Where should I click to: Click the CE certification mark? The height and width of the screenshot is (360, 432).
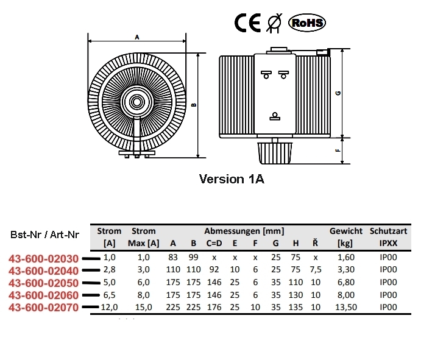click(x=247, y=23)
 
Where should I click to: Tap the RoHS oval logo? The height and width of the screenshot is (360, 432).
click(x=306, y=23)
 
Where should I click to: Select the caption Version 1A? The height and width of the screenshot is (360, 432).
click(x=232, y=180)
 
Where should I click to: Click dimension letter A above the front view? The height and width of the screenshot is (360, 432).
click(x=137, y=37)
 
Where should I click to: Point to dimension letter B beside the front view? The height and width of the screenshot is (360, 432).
click(x=194, y=104)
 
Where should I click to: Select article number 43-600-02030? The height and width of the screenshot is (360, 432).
click(x=43, y=258)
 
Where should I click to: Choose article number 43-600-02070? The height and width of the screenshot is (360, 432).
click(x=43, y=306)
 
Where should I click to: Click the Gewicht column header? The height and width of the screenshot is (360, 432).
click(x=346, y=231)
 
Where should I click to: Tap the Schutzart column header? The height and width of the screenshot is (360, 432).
click(x=388, y=231)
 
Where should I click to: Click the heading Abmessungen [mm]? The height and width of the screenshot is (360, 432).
click(x=244, y=231)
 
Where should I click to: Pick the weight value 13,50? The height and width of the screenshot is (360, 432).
click(x=345, y=307)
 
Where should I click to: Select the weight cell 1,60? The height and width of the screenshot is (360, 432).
click(x=345, y=258)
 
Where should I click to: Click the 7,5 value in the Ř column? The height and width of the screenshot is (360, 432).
click(x=315, y=270)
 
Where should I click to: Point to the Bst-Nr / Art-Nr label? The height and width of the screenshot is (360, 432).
click(x=44, y=235)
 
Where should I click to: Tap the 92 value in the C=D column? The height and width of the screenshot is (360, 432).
click(x=214, y=270)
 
